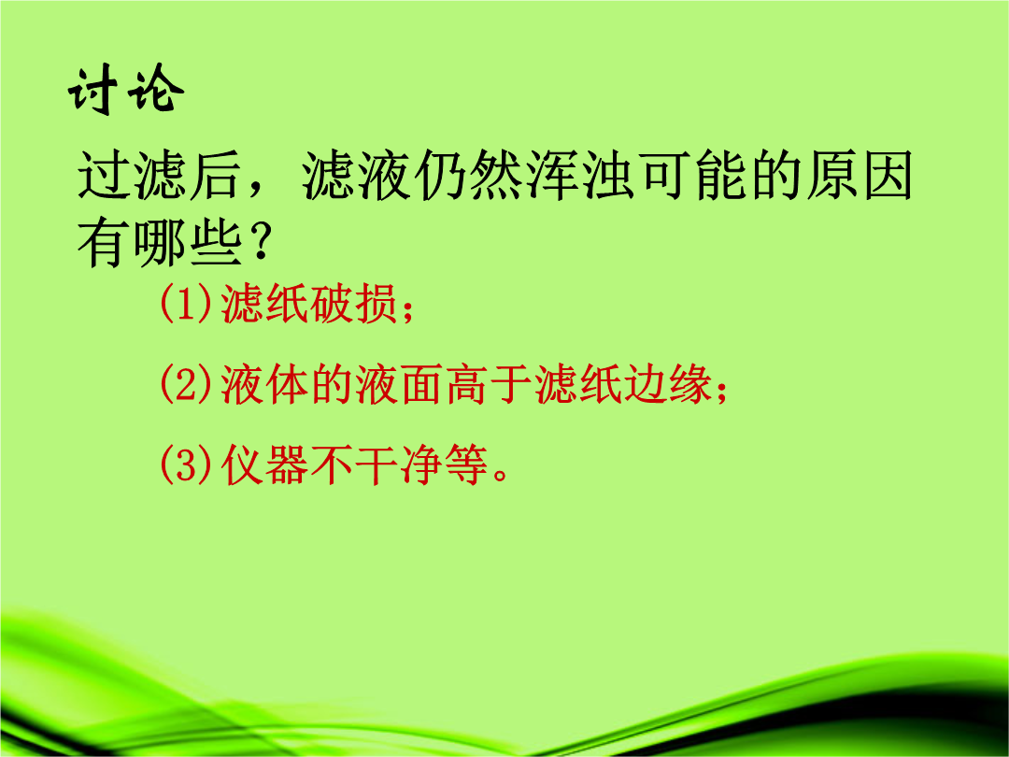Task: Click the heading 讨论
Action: [126, 89]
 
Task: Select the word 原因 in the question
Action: [859, 175]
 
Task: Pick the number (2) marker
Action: [186, 384]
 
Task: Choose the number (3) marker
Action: [186, 464]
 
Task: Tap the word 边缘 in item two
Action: [667, 384]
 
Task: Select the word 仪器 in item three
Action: [263, 464]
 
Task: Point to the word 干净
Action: [398, 464]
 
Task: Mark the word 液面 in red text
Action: [398, 384]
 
